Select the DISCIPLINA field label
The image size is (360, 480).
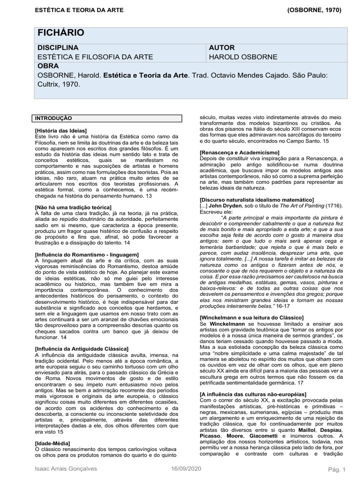(x=58, y=48)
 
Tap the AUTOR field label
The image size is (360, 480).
(x=222, y=48)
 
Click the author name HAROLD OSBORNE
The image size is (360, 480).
(x=243, y=57)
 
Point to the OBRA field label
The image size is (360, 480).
(x=48, y=66)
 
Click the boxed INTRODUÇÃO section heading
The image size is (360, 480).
(x=53, y=118)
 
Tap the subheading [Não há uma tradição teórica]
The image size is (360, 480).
(x=73, y=207)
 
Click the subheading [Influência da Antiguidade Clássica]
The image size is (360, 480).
(x=82, y=349)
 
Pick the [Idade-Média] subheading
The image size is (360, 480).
(x=52, y=443)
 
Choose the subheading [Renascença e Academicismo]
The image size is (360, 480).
(x=239, y=153)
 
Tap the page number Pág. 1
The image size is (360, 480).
(x=336, y=470)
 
